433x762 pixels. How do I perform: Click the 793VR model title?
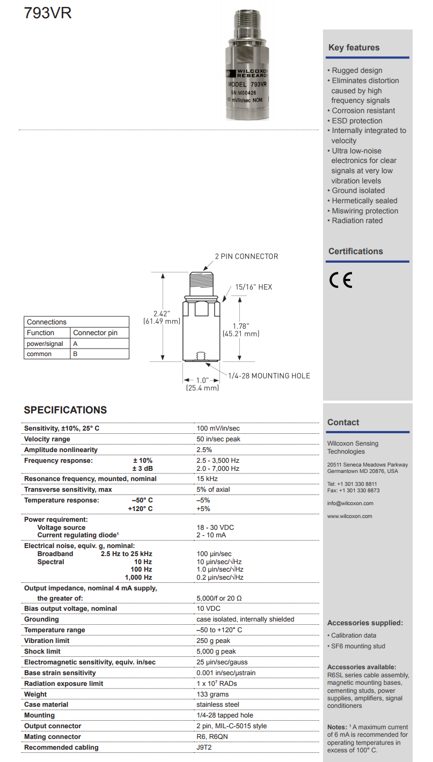coord(48,13)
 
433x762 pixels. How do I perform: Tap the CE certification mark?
coord(341,280)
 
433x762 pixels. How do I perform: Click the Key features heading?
coord(354,48)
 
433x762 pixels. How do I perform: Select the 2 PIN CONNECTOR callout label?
coord(246,256)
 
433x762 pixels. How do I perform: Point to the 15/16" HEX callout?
coord(253,287)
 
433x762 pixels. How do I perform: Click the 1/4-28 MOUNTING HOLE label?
coord(269,376)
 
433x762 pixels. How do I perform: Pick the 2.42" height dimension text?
coord(162,313)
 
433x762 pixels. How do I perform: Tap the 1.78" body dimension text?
coord(240,325)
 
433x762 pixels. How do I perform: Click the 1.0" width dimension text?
coord(202,379)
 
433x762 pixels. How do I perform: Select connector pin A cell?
coord(76,344)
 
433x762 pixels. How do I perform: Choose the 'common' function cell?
coord(39,354)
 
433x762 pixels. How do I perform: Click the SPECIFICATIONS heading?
coord(65,410)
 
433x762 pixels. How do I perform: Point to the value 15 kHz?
coord(207,479)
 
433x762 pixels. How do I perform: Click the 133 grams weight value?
coord(212,694)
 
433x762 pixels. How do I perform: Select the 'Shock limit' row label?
coord(42,652)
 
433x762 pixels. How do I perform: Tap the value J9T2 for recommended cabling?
coord(204,748)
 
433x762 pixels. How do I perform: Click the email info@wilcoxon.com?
coord(350,504)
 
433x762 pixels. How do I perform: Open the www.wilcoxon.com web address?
coord(349,516)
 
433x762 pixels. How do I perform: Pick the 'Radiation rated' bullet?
coord(357,220)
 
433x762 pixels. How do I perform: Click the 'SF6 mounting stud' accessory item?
coord(358,646)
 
